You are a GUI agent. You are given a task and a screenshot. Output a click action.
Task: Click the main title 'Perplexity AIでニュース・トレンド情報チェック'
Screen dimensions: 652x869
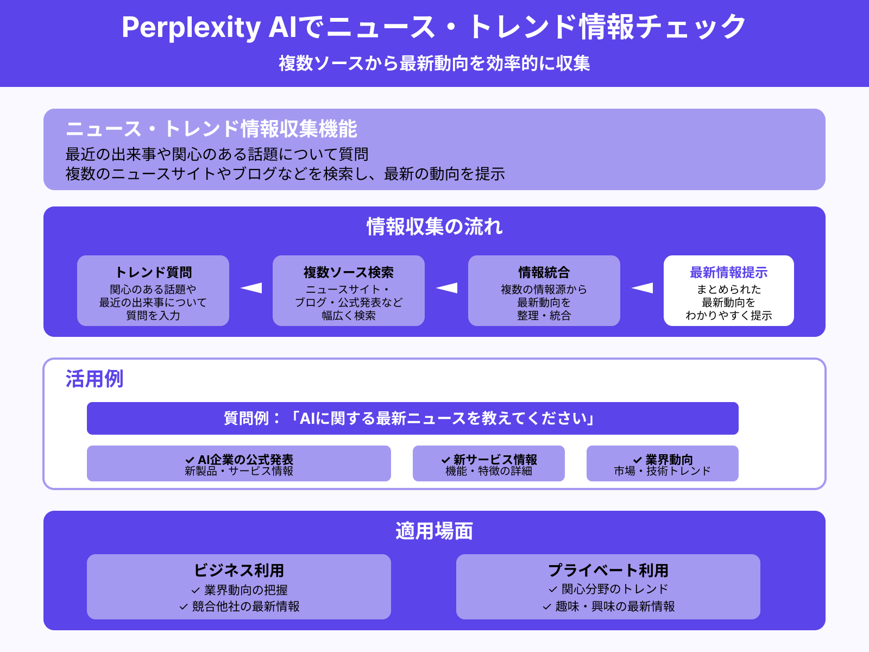(434, 27)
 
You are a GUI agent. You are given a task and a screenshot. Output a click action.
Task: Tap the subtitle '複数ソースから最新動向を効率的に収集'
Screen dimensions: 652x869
(434, 64)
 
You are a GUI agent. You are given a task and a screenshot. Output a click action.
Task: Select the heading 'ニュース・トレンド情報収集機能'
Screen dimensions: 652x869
(211, 129)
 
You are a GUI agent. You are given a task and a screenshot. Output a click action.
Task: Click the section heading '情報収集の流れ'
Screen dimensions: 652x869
(434, 227)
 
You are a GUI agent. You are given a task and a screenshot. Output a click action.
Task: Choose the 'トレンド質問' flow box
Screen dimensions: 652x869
(153, 291)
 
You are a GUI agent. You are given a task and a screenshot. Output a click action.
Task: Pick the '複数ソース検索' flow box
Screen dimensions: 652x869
(349, 291)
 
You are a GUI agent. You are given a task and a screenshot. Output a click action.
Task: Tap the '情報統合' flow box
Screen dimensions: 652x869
(544, 291)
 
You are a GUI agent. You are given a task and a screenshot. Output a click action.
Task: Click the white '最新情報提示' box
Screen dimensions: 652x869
(729, 291)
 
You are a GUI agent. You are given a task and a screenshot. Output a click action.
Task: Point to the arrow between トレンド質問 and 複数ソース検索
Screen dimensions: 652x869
(251, 288)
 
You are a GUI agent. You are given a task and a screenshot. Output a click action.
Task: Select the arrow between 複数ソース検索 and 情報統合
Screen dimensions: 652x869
(446, 288)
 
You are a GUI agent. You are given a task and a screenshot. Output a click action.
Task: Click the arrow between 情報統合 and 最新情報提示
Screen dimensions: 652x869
(642, 288)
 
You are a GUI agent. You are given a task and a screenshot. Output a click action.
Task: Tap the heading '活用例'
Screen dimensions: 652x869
(95, 379)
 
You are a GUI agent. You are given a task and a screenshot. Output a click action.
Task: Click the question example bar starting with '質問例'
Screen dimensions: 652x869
(413, 418)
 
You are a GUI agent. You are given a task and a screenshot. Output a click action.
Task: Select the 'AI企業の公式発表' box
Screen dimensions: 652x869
(239, 463)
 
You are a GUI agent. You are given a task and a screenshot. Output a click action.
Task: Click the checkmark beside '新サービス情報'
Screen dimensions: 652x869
(446, 460)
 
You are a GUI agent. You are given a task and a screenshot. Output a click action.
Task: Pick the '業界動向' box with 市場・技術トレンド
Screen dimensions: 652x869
(663, 463)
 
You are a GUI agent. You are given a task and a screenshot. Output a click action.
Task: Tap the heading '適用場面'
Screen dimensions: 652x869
(434, 531)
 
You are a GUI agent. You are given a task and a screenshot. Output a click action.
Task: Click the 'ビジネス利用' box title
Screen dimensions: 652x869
(239, 570)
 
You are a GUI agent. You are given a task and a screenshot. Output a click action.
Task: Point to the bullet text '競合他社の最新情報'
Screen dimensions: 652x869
(245, 606)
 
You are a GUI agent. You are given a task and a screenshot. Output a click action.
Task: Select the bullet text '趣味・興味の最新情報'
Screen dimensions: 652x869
(615, 606)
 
